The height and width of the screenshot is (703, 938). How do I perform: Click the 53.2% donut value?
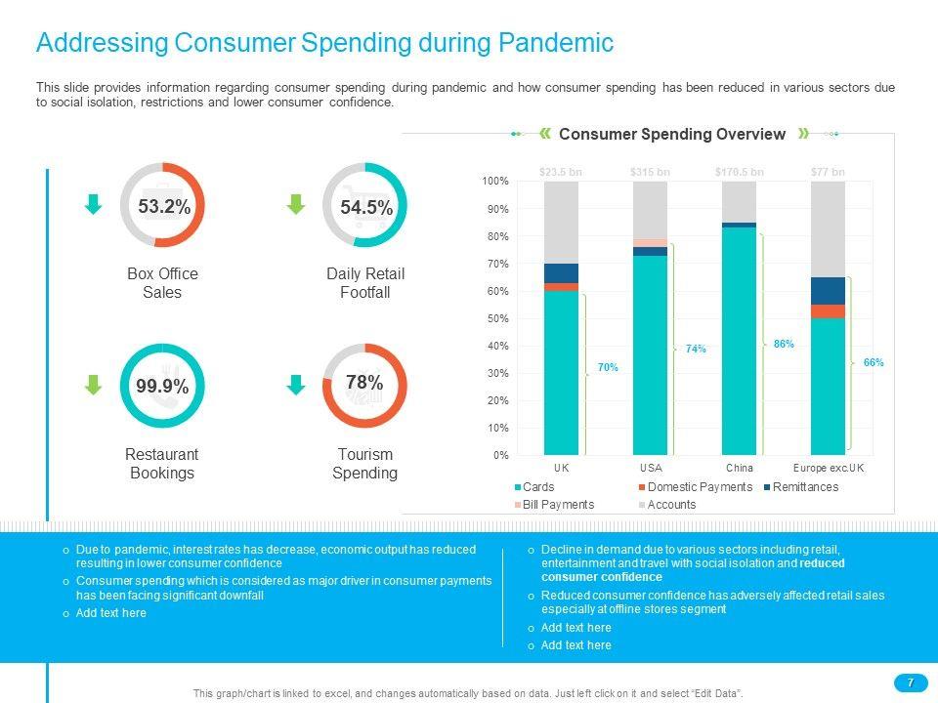pyautogui.click(x=163, y=207)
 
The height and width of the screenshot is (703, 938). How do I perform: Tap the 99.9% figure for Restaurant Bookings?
pyautogui.click(x=162, y=387)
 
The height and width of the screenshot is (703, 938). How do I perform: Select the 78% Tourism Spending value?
pyautogui.click(x=364, y=383)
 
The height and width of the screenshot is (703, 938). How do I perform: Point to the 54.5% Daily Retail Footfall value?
pyautogui.click(x=365, y=207)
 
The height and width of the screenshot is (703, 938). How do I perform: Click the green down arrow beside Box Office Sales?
pyautogui.click(x=93, y=204)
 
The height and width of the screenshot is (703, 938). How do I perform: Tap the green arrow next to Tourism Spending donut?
pyautogui.click(x=295, y=386)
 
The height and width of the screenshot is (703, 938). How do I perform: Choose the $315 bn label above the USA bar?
pyautogui.click(x=650, y=172)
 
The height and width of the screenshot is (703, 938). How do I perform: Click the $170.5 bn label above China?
pyautogui.click(x=739, y=172)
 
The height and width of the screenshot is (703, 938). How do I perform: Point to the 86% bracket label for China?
pyautogui.click(x=784, y=344)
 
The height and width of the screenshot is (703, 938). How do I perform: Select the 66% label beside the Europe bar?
pyautogui.click(x=874, y=362)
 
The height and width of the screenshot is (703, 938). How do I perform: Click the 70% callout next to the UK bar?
pyautogui.click(x=607, y=367)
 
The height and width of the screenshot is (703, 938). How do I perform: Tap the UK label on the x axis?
pyautogui.click(x=561, y=469)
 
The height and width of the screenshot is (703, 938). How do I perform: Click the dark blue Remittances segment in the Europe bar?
pyautogui.click(x=828, y=290)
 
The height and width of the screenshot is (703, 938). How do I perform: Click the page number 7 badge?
pyautogui.click(x=911, y=682)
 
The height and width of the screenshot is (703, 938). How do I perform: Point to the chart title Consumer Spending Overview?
pyautogui.click(x=672, y=135)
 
